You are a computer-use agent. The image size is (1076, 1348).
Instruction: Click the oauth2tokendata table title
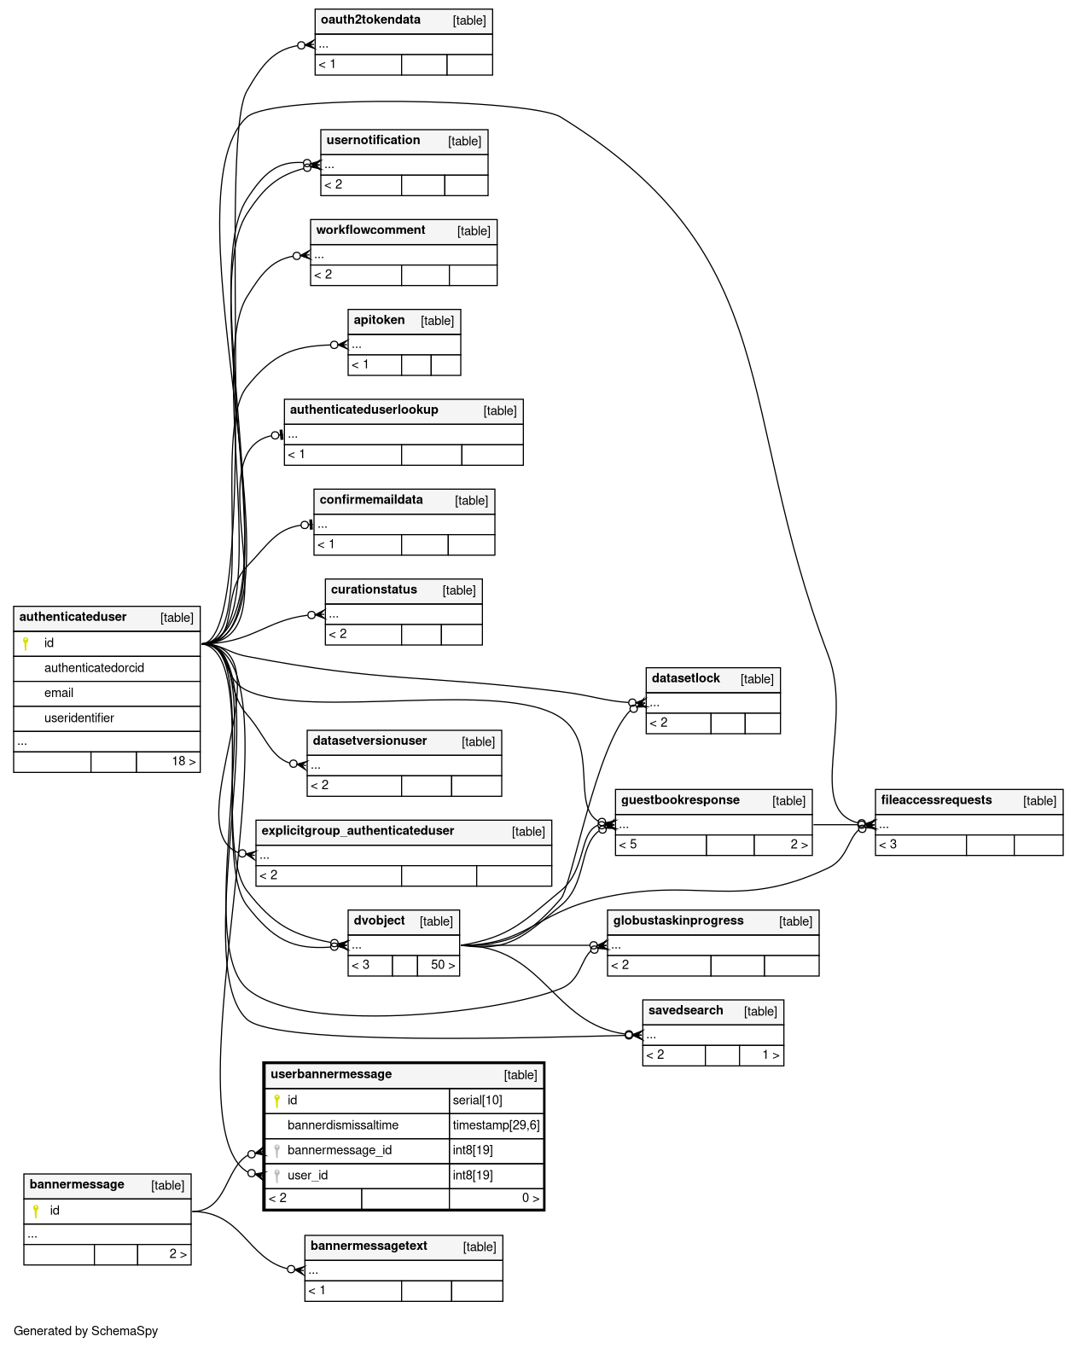tap(370, 20)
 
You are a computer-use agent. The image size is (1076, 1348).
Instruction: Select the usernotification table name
tap(373, 140)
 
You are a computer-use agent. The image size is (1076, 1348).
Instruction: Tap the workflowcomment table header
tap(370, 230)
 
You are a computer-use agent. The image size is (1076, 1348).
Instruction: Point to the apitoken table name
tap(379, 320)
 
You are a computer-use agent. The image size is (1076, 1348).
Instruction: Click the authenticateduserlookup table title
tap(364, 410)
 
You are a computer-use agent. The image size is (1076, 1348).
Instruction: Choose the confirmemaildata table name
tap(371, 499)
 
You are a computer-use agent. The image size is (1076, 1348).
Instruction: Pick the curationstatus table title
tap(374, 590)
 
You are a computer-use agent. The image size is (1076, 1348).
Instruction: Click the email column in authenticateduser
tap(59, 693)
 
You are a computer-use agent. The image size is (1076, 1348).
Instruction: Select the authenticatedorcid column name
tap(94, 668)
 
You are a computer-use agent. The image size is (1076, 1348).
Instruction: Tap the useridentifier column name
tap(79, 718)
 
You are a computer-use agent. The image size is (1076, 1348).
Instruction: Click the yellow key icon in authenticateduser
tap(26, 643)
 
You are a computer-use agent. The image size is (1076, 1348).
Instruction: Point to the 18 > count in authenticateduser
tap(183, 761)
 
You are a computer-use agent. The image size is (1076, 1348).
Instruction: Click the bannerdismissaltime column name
tap(343, 1125)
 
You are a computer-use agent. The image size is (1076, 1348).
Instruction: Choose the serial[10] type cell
tap(477, 1101)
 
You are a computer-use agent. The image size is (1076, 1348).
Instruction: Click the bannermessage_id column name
tap(340, 1150)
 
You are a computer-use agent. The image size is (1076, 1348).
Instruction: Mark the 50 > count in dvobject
tap(442, 965)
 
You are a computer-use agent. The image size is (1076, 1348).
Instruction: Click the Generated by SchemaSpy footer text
tap(85, 1331)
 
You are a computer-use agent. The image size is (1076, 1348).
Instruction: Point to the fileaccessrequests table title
tap(936, 800)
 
